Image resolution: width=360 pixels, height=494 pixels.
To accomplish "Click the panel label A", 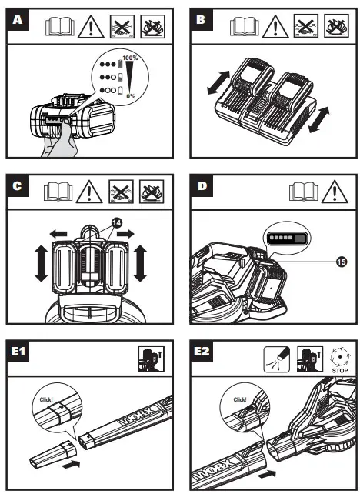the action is (18, 20).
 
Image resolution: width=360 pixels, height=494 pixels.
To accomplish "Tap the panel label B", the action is (201, 20).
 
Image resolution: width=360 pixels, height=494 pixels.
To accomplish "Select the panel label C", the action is (18, 186).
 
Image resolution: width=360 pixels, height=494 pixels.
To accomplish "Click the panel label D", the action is (202, 186).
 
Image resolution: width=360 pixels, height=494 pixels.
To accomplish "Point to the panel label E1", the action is (18, 352).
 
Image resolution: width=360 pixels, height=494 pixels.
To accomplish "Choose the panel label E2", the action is (202, 352).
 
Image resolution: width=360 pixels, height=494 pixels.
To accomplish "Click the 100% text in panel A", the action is (130, 58).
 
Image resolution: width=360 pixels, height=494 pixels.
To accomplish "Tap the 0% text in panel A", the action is (131, 95).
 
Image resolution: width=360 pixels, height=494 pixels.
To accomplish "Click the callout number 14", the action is (116, 223).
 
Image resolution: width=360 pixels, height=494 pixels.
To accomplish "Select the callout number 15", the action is (342, 262).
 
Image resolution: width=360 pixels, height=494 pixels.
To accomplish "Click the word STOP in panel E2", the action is (340, 371).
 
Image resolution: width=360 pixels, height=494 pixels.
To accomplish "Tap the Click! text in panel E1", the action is (46, 399).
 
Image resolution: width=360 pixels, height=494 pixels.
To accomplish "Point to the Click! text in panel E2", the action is (240, 399).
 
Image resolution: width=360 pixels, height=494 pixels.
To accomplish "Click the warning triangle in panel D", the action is (335, 192).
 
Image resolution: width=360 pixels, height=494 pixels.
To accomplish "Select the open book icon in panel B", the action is (244, 27).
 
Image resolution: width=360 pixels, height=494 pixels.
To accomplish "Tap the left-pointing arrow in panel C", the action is (58, 234).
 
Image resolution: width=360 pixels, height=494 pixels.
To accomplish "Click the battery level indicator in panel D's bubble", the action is (287, 239).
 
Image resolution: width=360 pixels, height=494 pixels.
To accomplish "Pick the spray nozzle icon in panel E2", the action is (276, 359).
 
